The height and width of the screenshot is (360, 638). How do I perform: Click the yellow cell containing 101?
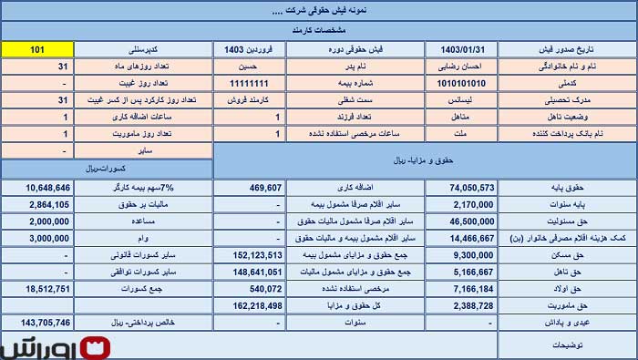click(x=37, y=49)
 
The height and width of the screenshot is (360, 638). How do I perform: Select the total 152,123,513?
click(x=252, y=254)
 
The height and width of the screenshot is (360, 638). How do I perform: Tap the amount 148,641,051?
click(x=252, y=272)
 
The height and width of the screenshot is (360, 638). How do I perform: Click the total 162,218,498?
click(x=252, y=305)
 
